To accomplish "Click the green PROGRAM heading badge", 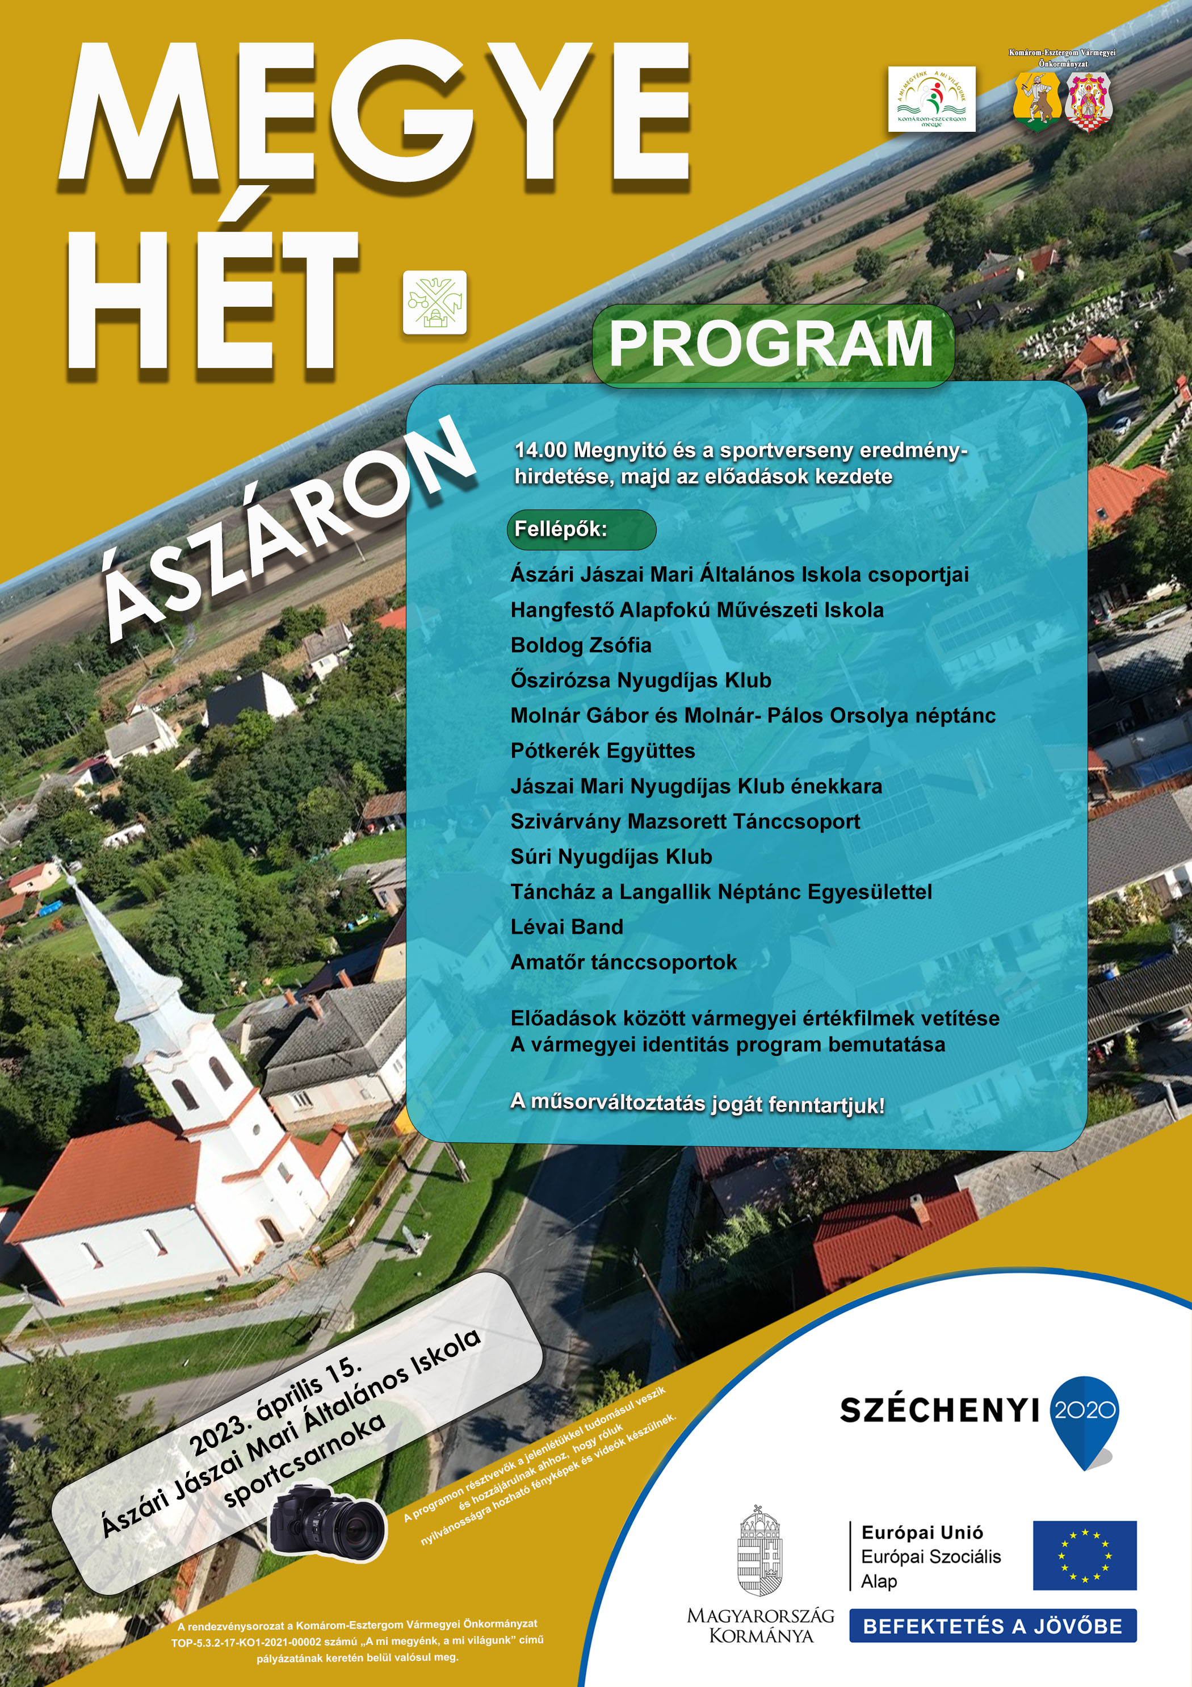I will tap(773, 345).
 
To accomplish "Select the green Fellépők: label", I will tap(580, 529).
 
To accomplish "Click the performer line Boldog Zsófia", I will tap(581, 645).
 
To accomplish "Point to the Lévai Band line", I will tap(567, 926).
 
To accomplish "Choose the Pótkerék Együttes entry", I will tap(603, 751).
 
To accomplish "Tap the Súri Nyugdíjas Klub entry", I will tap(611, 857).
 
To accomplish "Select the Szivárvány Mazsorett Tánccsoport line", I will tap(685, 821).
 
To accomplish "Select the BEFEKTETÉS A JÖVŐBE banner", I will tap(992, 1626).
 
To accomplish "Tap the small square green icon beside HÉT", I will tap(435, 302).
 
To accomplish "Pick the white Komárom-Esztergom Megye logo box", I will tap(931, 99).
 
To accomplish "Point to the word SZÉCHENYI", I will tap(939, 1410).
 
